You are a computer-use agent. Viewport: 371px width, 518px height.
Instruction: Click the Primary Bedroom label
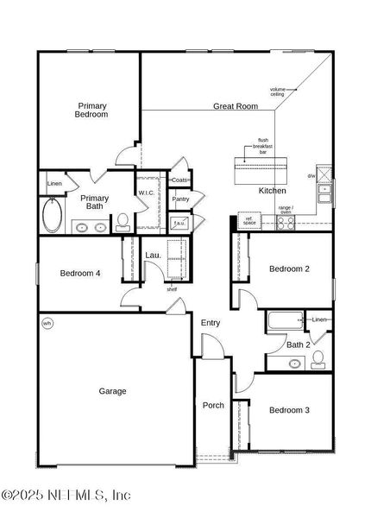[91, 110]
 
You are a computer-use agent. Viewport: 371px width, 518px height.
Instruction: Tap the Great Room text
[236, 106]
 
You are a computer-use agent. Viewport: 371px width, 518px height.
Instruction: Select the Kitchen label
[273, 190]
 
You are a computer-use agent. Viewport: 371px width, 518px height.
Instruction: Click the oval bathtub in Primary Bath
[52, 216]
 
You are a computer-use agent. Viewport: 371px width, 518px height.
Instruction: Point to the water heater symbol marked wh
[47, 324]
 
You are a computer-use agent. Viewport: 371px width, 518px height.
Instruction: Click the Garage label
[112, 391]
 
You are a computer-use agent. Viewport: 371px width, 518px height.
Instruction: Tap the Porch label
[213, 405]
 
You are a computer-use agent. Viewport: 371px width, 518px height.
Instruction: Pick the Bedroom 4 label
[80, 274]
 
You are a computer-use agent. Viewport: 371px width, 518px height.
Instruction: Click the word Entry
[211, 323]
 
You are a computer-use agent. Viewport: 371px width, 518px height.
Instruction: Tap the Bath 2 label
[298, 345]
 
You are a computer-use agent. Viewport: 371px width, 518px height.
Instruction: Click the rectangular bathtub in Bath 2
[282, 322]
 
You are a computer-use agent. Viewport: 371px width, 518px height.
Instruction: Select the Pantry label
[180, 199]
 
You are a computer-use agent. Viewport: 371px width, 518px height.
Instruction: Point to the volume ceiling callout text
[278, 92]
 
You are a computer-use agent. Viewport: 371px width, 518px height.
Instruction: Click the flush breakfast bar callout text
[262, 146]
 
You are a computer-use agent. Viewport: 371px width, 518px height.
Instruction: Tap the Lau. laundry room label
[153, 256]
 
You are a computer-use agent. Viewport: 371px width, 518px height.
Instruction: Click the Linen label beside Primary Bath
[54, 184]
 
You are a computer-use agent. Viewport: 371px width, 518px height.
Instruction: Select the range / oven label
[286, 210]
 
